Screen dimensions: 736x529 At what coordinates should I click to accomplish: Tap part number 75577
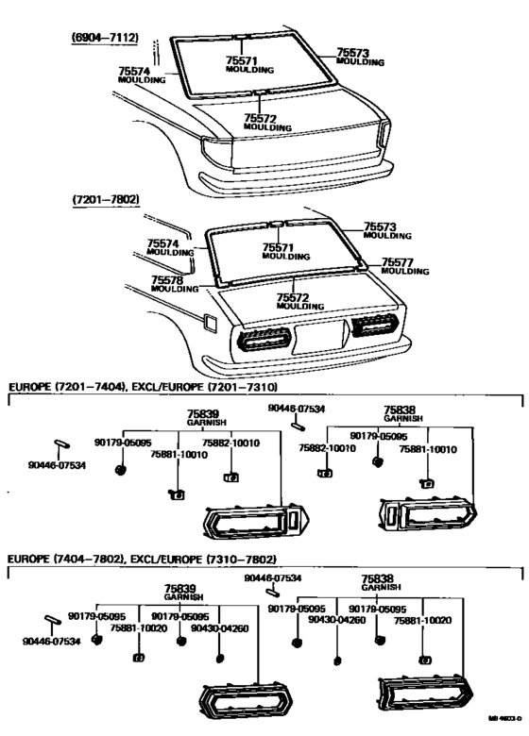(401, 262)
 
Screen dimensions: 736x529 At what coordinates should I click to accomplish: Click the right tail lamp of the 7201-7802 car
(379, 326)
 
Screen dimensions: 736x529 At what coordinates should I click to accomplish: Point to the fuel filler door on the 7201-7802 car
(210, 324)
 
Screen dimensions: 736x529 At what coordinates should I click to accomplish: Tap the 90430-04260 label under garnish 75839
(219, 628)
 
